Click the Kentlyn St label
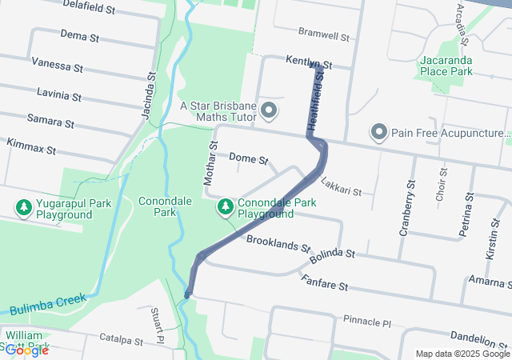tap(310, 62)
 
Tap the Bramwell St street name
tap(324, 36)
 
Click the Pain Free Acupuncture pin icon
tap(378, 131)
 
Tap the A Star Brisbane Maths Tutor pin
tap(269, 110)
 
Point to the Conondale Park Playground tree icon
tap(226, 208)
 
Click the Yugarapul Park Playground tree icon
tap(24, 208)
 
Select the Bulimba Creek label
tap(47, 305)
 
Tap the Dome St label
tap(248, 158)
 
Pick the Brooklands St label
tap(278, 243)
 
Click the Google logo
tap(26, 350)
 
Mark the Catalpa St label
tap(120, 340)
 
